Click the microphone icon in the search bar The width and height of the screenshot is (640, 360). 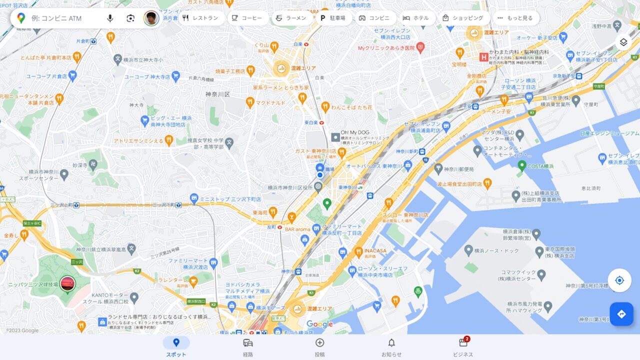(110, 18)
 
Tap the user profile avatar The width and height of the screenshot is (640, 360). (151, 18)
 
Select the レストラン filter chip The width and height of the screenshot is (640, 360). (200, 18)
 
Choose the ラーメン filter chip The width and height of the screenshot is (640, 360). (290, 18)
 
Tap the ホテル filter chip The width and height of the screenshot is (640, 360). (416, 18)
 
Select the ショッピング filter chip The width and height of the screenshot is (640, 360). (463, 18)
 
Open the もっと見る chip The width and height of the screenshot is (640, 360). (515, 18)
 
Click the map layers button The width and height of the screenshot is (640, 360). (623, 42)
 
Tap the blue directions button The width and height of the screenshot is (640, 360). (621, 314)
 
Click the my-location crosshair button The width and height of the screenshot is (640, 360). (619, 280)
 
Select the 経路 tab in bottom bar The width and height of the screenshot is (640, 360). (248, 347)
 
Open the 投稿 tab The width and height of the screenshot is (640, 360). (319, 347)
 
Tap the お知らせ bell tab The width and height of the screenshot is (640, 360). (391, 347)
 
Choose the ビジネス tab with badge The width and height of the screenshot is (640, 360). (463, 347)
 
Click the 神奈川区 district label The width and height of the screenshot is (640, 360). (217, 94)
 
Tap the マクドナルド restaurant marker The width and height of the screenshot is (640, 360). (250, 102)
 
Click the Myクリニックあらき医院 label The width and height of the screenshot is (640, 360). (393, 48)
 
